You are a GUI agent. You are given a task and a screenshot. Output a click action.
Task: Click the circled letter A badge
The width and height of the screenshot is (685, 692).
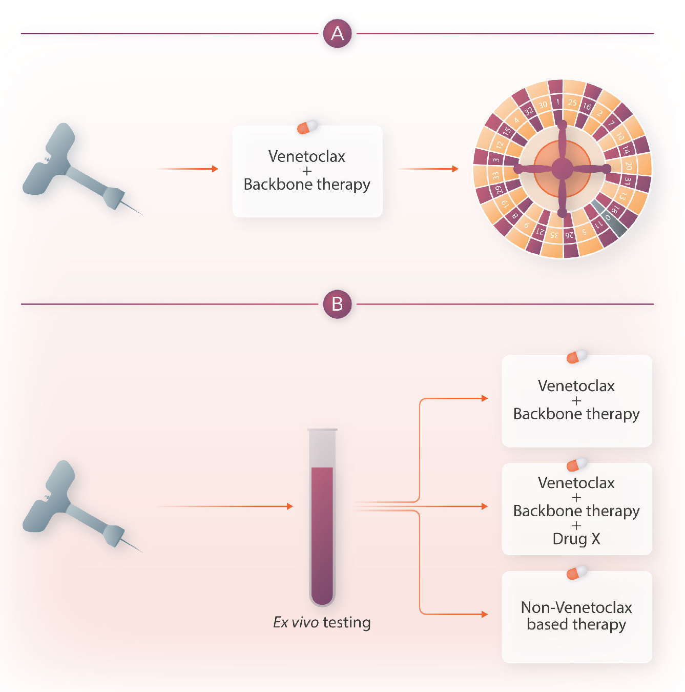tap(337, 34)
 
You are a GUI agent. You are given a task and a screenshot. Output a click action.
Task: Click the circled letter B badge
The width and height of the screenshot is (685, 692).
tap(337, 304)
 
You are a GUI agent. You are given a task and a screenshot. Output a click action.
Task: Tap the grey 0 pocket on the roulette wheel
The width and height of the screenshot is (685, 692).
tap(608, 217)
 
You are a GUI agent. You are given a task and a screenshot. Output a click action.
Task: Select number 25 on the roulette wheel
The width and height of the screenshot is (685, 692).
tap(572, 103)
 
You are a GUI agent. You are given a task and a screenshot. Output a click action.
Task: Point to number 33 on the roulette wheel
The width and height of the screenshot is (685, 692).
tap(495, 176)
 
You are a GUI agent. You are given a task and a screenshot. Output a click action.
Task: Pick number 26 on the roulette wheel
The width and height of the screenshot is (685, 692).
tap(569, 235)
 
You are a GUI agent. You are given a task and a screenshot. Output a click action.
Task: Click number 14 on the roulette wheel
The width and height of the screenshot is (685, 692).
tap(626, 150)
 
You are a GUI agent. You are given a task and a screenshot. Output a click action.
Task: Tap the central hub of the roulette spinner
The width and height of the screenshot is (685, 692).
tap(562, 168)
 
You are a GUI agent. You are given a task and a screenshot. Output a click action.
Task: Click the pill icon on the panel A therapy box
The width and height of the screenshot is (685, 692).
tap(307, 127)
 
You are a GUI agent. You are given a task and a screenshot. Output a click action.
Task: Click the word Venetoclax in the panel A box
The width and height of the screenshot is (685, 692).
tap(307, 156)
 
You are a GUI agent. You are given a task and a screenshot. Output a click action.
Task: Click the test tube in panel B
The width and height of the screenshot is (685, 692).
tap(322, 518)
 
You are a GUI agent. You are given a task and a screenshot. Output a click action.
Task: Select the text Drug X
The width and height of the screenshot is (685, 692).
tap(576, 539)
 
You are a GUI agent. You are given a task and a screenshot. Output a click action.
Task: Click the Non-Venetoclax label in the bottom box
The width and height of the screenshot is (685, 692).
tap(576, 608)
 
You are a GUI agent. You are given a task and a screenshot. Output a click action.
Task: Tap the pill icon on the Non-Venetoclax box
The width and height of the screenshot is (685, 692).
tap(577, 573)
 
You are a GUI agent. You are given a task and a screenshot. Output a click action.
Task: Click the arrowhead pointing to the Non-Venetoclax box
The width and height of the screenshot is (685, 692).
tap(485, 614)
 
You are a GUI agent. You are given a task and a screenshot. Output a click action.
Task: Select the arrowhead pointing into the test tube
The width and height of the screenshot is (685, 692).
tap(289, 506)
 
